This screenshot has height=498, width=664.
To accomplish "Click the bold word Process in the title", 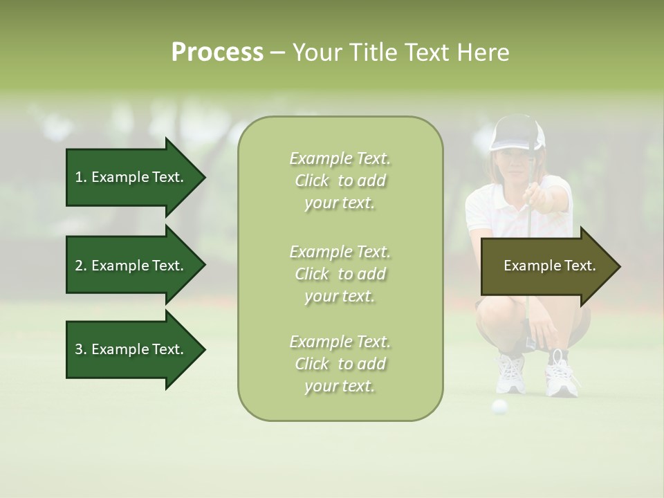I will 217,53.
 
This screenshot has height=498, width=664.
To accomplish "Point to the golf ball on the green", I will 499,406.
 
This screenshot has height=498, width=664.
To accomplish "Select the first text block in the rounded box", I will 340,181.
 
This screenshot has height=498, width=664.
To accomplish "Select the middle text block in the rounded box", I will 340,274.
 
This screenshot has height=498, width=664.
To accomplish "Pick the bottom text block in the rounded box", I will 340,364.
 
